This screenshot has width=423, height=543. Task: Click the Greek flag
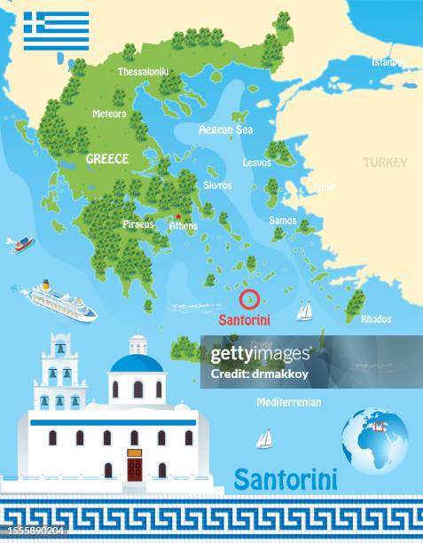pyautogui.click(x=56, y=30)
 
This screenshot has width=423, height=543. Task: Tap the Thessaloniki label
pyautogui.click(x=143, y=71)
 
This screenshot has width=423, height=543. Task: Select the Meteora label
pyautogui.click(x=110, y=114)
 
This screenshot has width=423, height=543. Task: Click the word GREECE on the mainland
pyautogui.click(x=107, y=159)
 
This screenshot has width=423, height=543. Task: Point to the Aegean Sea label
pyautogui.click(x=226, y=130)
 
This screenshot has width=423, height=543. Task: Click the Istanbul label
pyautogui.click(x=388, y=62)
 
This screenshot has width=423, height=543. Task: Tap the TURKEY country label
pyautogui.click(x=385, y=162)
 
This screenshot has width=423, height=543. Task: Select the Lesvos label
pyautogui.click(x=256, y=163)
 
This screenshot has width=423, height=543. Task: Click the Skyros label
pyautogui.click(x=217, y=185)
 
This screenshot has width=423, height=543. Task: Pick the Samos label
pyautogui.click(x=282, y=220)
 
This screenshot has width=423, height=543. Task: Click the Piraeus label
pyautogui.click(x=138, y=224)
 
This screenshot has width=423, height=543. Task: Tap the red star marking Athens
pyautogui.click(x=178, y=216)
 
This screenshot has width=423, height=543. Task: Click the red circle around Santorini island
pyautogui.click(x=248, y=297)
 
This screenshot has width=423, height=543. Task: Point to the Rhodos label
pyautogui.click(x=376, y=319)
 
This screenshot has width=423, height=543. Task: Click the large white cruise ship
pyautogui.click(x=62, y=301)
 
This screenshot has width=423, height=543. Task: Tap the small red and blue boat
pyautogui.click(x=21, y=243)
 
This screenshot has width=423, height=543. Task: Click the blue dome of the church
pyautogui.click(x=137, y=363)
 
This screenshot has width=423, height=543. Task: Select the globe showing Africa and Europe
pyautogui.click(x=374, y=440)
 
